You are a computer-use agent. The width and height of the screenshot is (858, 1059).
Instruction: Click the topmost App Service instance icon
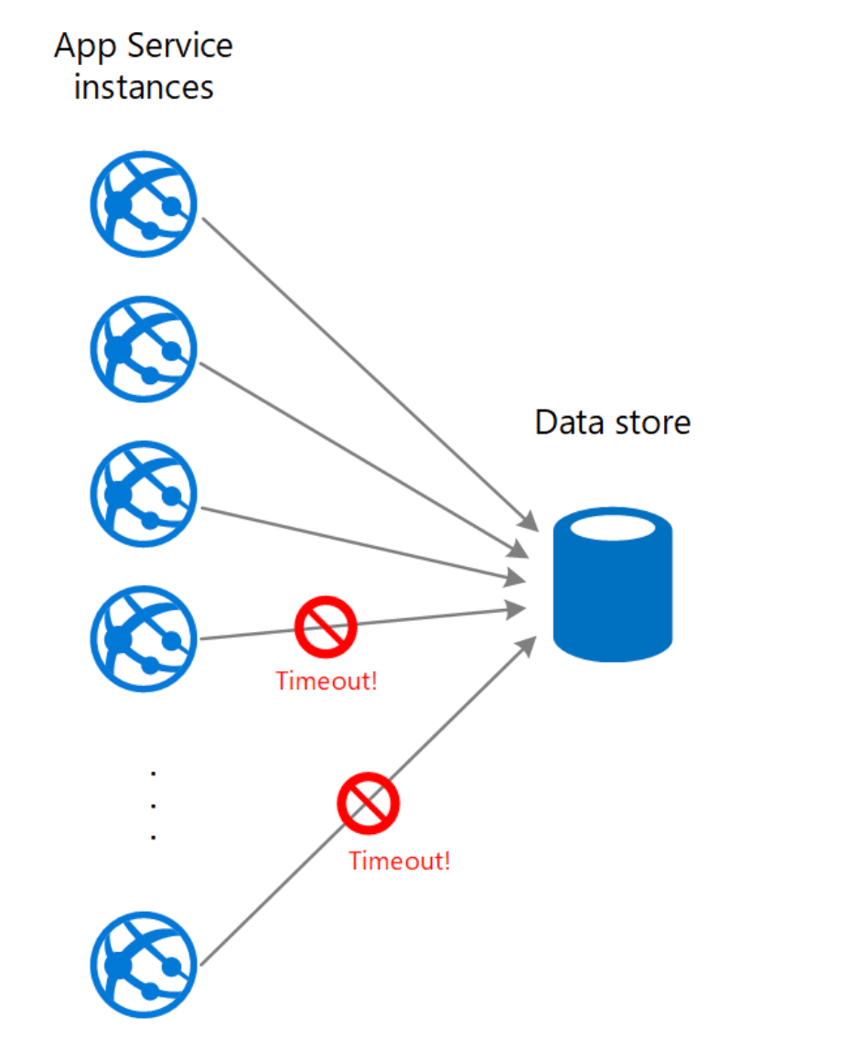[144, 204]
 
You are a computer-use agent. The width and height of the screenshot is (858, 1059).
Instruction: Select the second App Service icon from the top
[144, 348]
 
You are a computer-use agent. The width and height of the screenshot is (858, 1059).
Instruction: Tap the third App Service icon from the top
[144, 493]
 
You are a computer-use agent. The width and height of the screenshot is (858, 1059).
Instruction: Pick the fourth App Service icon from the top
[144, 638]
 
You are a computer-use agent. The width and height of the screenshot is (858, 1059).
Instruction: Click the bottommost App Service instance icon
[144, 965]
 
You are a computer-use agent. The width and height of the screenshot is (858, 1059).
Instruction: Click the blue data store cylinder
[613, 594]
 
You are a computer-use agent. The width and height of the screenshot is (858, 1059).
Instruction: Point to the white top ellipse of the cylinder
[613, 528]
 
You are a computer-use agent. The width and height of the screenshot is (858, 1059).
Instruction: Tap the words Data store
[612, 423]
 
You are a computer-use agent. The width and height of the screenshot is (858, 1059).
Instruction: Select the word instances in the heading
[143, 87]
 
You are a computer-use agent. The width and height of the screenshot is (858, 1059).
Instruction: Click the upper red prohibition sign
[325, 626]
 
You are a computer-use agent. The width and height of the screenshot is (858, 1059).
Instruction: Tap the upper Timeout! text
[326, 681]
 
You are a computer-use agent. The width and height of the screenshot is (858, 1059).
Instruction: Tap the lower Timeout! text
[399, 861]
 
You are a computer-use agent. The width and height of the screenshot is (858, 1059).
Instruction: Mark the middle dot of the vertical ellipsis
[153, 805]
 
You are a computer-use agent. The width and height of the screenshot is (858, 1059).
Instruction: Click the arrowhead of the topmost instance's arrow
[531, 521]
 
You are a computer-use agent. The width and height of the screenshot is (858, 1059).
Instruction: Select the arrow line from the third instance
[357, 543]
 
